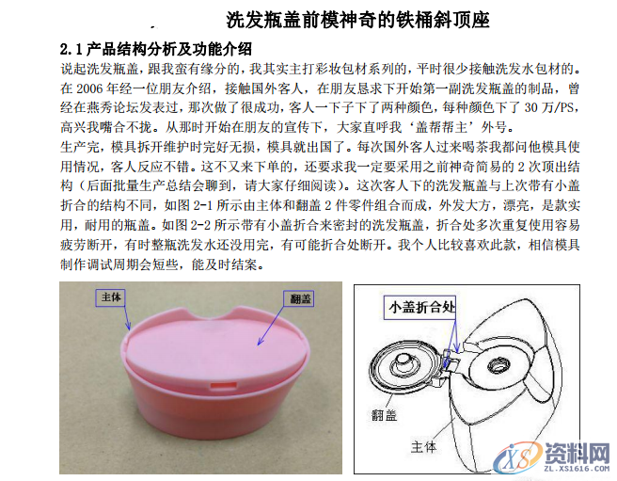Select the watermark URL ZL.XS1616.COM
577,467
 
